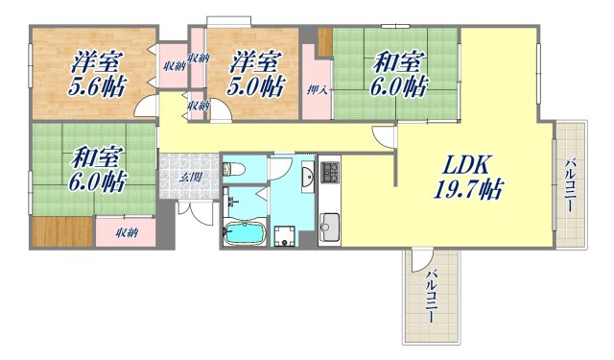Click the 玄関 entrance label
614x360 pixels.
point(191,177)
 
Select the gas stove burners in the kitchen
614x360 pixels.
point(330,173)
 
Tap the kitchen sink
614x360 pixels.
point(330,227)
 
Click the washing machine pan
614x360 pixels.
point(284,236)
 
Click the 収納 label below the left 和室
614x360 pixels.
point(128,232)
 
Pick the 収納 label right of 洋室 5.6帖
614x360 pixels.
point(173,65)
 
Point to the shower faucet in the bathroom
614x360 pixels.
point(231,203)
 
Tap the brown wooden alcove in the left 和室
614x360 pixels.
point(61,231)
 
